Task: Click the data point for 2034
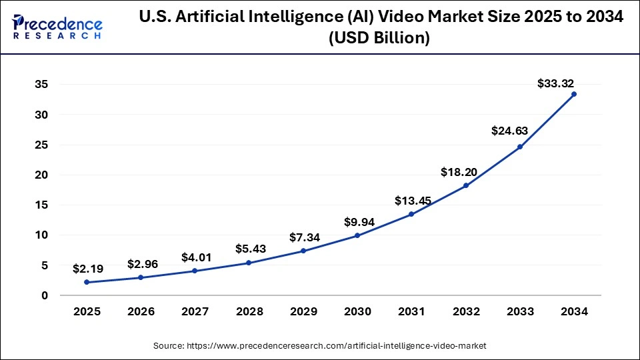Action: pyautogui.click(x=574, y=94)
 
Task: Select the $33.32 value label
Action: pyautogui.click(x=555, y=83)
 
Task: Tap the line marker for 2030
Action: pyautogui.click(x=357, y=235)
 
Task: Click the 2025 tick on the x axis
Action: pyautogui.click(x=87, y=311)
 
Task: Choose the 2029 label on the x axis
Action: pyautogui.click(x=303, y=311)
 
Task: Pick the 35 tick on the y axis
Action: pyautogui.click(x=41, y=85)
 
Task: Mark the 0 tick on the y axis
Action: pyautogui.click(x=44, y=295)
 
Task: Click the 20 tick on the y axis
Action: pyautogui.click(x=41, y=175)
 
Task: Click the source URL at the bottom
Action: pyautogui.click(x=319, y=345)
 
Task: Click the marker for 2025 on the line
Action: pyautogui.click(x=87, y=282)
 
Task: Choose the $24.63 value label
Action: pyautogui.click(x=509, y=131)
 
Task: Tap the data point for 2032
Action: pyautogui.click(x=466, y=185)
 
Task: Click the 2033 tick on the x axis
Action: pyautogui.click(x=520, y=311)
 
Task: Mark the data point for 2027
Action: pyautogui.click(x=195, y=271)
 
